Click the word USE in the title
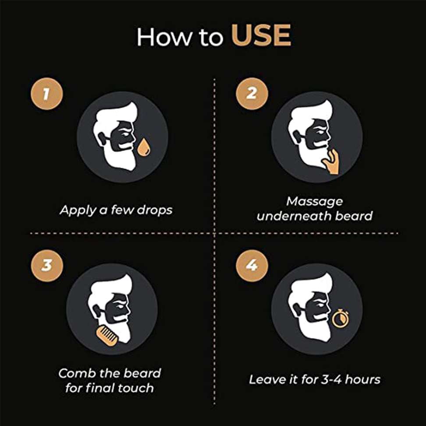tap(261, 35)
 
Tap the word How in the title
tap(164, 36)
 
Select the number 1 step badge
tap(47, 94)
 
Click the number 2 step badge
tap(252, 94)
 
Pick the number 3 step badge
tap(47, 266)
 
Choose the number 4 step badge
tap(252, 266)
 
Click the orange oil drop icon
tap(144, 148)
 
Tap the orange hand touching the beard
tap(331, 163)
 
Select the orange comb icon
tap(107, 336)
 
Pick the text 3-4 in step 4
tap(331, 380)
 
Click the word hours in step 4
tap(362, 380)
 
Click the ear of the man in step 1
tap(102, 139)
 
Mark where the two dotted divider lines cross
tap(214, 233)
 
